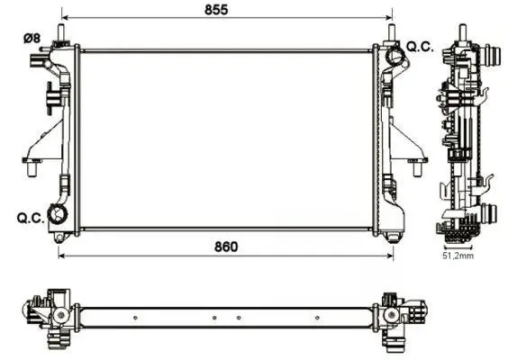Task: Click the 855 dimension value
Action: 216,10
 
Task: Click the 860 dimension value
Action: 226,247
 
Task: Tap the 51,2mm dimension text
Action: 458,256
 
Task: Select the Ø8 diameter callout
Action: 32,38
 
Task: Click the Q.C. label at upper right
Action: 420,47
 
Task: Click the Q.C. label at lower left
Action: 31,218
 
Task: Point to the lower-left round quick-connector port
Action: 58,214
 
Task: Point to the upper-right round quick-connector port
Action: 395,55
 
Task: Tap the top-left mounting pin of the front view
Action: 61,33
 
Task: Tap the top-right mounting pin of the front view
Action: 392,33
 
